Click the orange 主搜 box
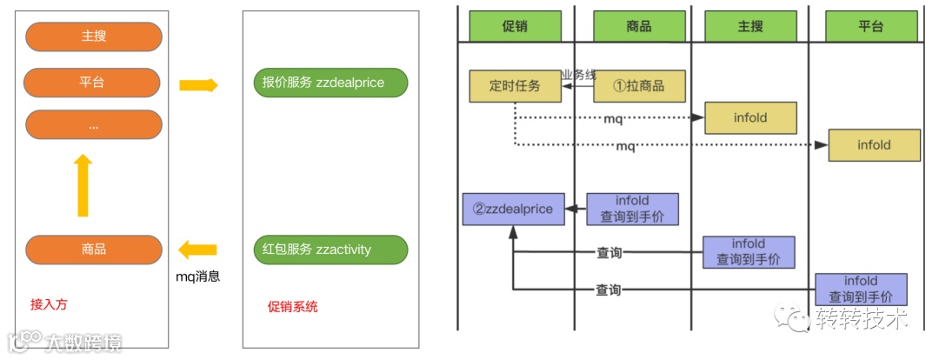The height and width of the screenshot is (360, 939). coord(94,37)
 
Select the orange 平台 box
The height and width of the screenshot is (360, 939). coord(93,83)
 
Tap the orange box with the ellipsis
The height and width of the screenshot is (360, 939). coord(94,125)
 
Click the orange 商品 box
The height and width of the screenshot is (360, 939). coord(94,250)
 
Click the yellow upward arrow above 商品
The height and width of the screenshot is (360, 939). coord(83,186)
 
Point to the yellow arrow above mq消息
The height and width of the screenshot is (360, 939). coord(197,250)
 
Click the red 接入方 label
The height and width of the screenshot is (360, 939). coord(48,305)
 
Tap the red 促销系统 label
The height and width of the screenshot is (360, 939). coord(293,306)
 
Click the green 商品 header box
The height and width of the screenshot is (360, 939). coord(639,26)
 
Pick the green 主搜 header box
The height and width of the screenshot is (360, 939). coord(750,26)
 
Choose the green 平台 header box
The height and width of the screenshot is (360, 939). coord(870,26)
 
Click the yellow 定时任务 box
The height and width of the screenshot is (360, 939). coord(516,86)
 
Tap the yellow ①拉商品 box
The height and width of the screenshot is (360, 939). coord(639,86)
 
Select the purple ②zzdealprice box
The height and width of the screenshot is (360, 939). coord(513,210)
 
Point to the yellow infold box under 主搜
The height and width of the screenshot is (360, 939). coord(750,117)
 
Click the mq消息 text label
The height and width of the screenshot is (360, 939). coord(196,277)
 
